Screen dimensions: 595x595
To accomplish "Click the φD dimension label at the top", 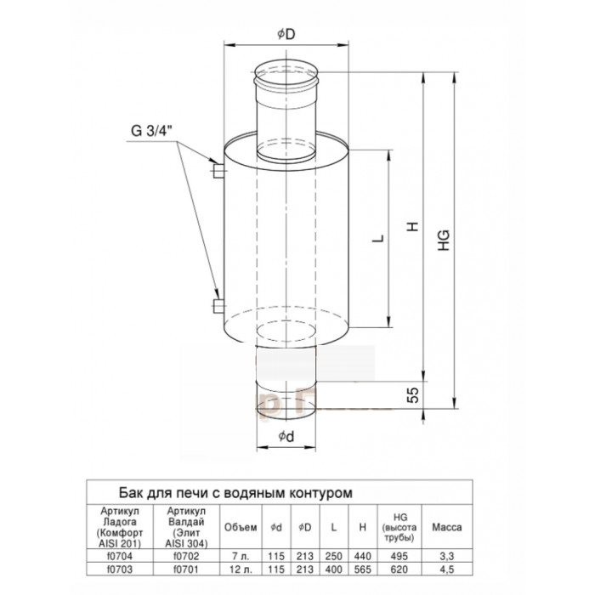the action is click(286, 35).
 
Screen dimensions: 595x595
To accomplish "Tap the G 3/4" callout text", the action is click(151, 131).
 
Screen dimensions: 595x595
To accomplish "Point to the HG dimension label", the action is click(444, 241).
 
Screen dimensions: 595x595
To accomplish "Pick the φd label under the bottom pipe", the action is click(286, 437).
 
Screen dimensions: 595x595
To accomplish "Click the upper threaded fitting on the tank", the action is click(218, 171).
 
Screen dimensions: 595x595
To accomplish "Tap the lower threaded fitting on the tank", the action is click(218, 306).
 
